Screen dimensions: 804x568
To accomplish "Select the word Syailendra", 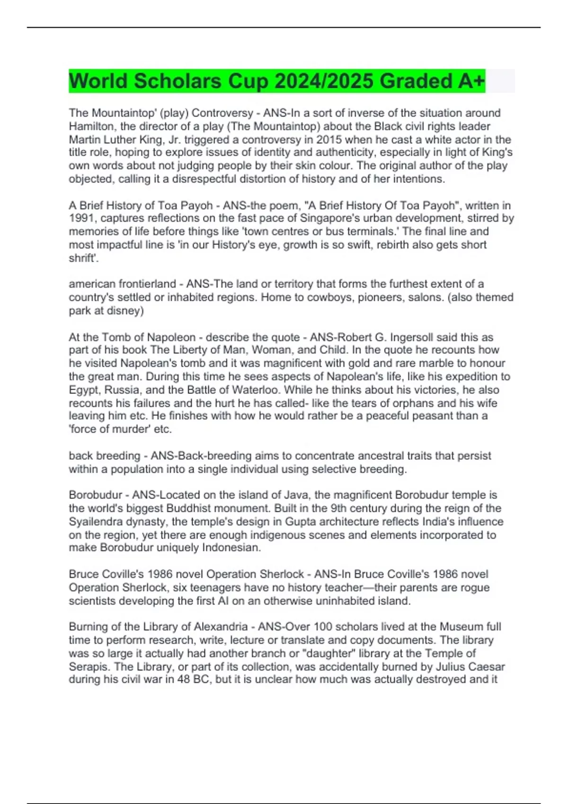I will tap(94, 522).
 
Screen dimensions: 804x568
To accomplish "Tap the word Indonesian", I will tap(231, 548).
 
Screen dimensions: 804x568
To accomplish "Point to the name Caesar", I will tap(488, 667).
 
